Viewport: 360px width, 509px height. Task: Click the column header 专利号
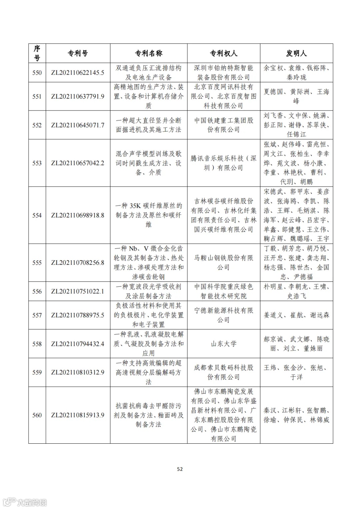[78, 53]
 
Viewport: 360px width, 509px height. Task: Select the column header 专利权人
[223, 53]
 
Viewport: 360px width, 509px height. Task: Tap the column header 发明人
[296, 53]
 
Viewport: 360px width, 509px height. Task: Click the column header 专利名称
[149, 53]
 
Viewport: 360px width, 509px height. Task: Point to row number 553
[37, 163]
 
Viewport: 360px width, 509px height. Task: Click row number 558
[37, 344]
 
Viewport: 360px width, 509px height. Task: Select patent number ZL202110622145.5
[78, 73]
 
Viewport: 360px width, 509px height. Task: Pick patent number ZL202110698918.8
[78, 215]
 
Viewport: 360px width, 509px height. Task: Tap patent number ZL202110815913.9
[78, 415]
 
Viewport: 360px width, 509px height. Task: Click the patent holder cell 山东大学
[223, 344]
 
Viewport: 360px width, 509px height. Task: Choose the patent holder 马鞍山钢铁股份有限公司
[223, 262]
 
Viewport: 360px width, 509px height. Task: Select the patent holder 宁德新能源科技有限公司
[223, 315]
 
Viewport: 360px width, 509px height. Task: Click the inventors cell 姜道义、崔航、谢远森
[296, 315]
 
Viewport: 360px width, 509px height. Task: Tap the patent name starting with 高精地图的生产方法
[149, 96]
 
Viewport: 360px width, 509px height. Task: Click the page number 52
[180, 469]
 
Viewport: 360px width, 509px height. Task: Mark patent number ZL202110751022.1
[78, 291]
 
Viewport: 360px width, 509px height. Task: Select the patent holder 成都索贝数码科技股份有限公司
[223, 372]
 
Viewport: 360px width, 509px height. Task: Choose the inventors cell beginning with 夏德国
[296, 96]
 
